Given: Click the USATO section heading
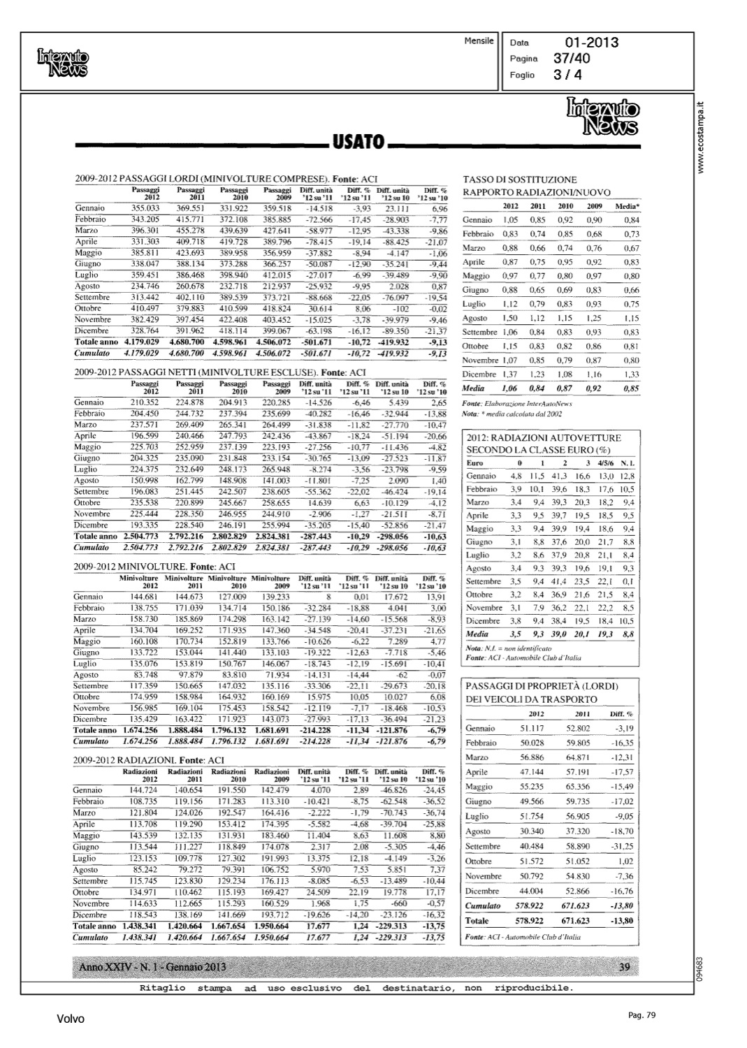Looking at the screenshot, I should pyautogui.click(x=358, y=143).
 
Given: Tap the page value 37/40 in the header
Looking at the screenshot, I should pyautogui.click(x=572, y=59).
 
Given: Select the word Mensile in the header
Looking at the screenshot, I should pyautogui.click(x=479, y=41).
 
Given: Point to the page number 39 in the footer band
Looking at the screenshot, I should pyautogui.click(x=625, y=967).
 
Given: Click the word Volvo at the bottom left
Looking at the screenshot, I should pyautogui.click(x=71, y=1019).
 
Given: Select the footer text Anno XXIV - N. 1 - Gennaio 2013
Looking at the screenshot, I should pyautogui.click(x=152, y=967).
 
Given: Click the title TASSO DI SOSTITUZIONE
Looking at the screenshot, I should pyautogui.click(x=520, y=180).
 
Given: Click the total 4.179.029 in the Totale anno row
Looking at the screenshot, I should pyautogui.click(x=142, y=342).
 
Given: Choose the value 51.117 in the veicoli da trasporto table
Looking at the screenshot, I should pyautogui.click(x=532, y=729).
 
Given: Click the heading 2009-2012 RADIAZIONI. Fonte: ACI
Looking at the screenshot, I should pyautogui.click(x=149, y=759).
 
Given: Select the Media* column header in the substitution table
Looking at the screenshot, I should pyautogui.click(x=627, y=206).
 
